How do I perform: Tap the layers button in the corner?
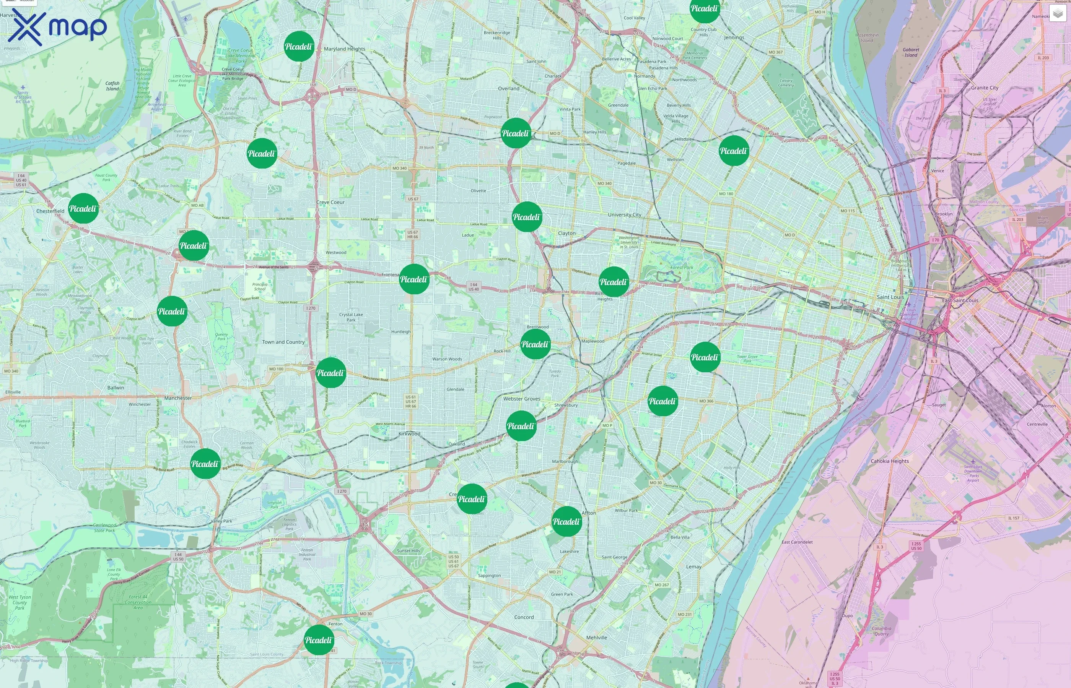(x=1057, y=13)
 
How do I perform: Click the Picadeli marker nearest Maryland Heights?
(x=299, y=47)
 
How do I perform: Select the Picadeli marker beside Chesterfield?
(x=83, y=209)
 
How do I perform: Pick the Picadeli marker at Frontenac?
(x=414, y=279)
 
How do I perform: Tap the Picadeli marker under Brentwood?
(x=535, y=344)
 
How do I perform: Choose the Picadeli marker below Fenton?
(x=318, y=640)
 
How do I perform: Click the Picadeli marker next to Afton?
(x=566, y=521)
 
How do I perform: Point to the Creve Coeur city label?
(x=330, y=202)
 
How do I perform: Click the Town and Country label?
(x=283, y=342)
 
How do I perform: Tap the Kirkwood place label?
(x=409, y=434)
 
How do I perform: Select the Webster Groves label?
(x=522, y=399)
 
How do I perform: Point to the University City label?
(x=625, y=215)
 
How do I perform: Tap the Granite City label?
(x=984, y=88)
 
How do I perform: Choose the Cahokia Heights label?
(x=890, y=461)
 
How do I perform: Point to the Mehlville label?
(x=596, y=638)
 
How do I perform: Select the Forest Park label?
(x=682, y=268)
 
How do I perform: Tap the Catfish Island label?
(x=112, y=86)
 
